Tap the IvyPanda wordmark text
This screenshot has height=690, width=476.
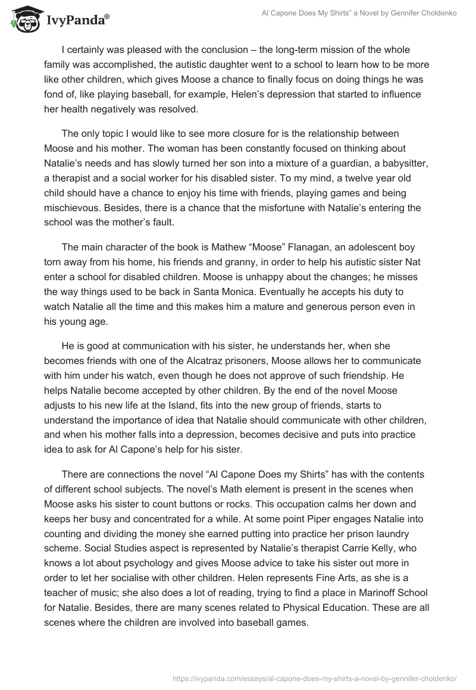(x=77, y=21)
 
